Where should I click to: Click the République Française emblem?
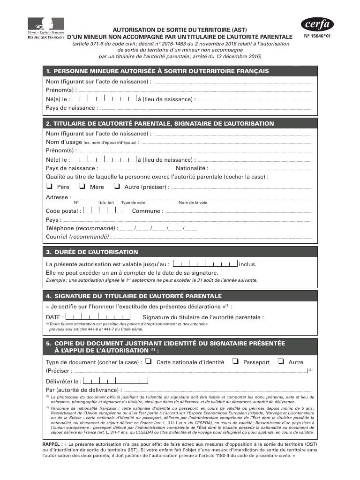tap(46, 28)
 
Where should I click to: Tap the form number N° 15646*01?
tap(321, 36)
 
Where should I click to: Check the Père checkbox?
tap(49, 186)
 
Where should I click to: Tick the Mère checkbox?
tap(82, 186)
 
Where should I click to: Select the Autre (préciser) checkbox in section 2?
tap(117, 186)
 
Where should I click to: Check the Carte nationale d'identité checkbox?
tap(148, 361)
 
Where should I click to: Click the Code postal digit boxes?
tap(103, 210)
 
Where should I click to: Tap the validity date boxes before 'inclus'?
tap(205, 263)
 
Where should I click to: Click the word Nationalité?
tap(191, 168)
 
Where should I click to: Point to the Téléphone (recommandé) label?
tap(80, 228)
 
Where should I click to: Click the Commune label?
tap(147, 211)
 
